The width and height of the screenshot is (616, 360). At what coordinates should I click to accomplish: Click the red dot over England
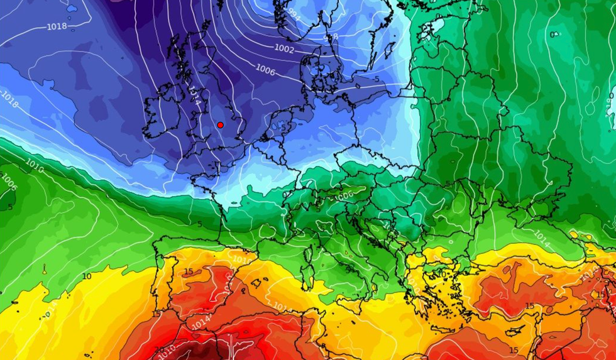220,125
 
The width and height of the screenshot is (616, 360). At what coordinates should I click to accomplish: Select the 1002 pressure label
284,49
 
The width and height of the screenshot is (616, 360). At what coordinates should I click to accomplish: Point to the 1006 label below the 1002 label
265,70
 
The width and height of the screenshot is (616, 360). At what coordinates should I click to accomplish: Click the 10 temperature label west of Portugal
87,276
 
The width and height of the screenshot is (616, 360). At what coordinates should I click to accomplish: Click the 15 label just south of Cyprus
530,306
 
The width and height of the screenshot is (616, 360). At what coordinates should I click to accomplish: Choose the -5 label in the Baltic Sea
375,80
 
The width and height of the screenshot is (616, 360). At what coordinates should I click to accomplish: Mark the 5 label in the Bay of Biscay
199,224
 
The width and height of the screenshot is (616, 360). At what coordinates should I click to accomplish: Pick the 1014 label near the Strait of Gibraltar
201,322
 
